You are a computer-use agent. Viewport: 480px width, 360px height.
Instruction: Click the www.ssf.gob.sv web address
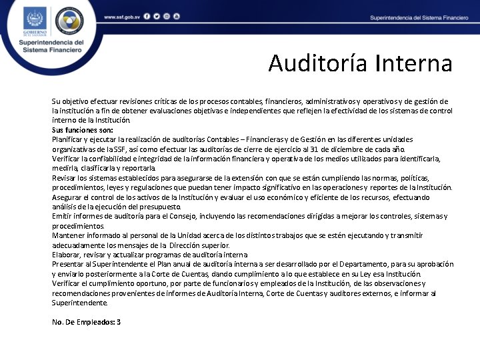121,15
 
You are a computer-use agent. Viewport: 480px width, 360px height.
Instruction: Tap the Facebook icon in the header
147,15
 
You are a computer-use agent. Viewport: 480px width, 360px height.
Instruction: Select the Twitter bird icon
156,15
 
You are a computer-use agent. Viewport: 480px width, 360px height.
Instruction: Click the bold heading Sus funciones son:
83,130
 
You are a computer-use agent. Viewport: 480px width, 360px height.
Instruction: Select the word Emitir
63,217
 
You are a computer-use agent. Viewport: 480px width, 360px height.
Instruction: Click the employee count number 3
119,322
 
